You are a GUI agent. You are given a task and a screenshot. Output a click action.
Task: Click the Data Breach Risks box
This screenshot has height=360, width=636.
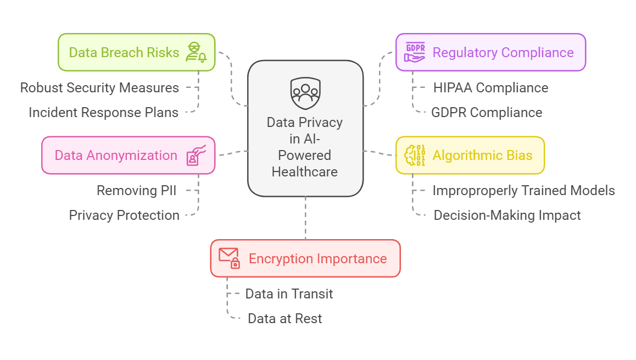pos(136,52)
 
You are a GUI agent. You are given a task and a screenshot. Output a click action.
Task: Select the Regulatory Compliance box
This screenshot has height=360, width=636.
pos(490,52)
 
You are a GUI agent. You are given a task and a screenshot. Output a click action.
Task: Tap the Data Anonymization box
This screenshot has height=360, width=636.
pos(128,155)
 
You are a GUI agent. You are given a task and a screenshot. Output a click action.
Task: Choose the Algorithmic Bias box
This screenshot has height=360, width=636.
pos(470,155)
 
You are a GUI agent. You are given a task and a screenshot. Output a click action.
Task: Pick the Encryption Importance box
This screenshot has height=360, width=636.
pos(305,258)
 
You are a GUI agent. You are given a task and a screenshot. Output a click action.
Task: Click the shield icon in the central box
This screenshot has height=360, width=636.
pos(305,93)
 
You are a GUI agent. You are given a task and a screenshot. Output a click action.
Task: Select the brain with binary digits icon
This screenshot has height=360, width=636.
pos(415,155)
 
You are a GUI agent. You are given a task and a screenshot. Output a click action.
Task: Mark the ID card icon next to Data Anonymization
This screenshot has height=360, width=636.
pos(195,156)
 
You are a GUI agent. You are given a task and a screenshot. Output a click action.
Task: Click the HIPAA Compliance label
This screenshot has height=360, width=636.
pos(490,88)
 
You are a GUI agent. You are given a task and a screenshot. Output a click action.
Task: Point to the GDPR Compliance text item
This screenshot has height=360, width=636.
pos(487,113)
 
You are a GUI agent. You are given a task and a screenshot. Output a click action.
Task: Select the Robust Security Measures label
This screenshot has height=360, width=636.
pos(99,88)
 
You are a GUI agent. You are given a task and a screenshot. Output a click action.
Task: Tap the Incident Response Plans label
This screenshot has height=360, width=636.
pos(103,113)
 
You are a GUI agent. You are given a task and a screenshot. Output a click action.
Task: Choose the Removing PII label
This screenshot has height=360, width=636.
pos(136,191)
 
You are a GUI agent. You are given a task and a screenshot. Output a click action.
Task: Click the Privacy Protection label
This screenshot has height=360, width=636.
pos(124,215)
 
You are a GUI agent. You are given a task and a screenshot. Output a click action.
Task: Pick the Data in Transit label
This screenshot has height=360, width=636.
pos(289,294)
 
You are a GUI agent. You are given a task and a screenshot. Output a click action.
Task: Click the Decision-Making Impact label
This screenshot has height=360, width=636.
pos(507,215)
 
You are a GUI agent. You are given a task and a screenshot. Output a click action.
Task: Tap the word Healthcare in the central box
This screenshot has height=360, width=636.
pos(305,171)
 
